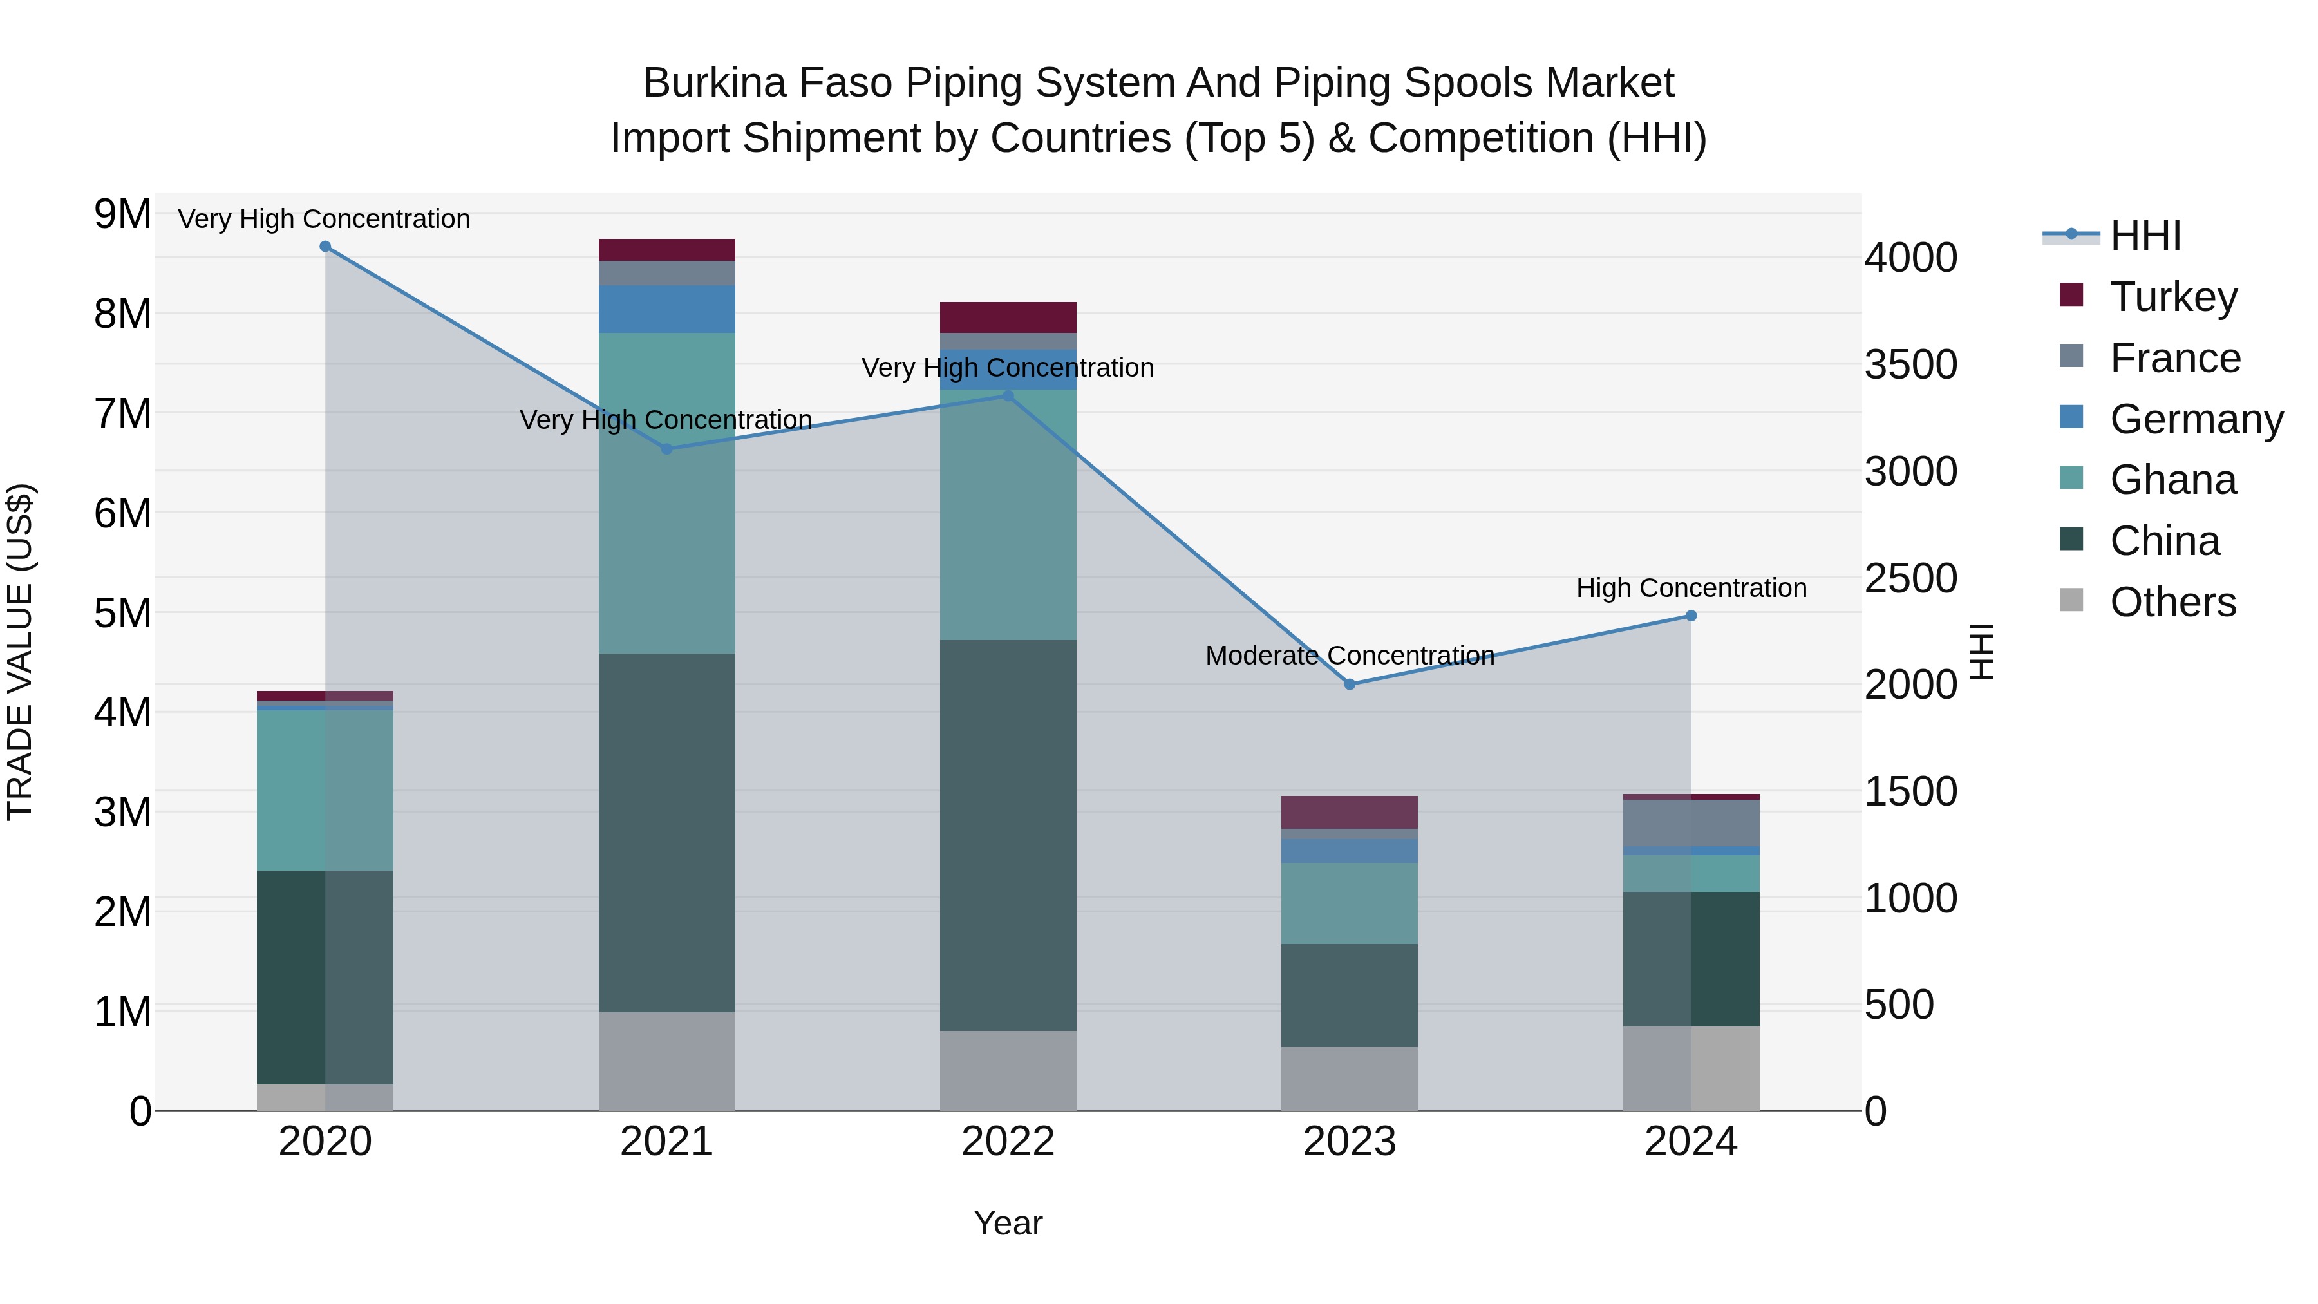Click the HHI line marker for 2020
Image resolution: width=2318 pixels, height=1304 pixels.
(325, 247)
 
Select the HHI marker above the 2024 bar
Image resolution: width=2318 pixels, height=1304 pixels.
(1691, 616)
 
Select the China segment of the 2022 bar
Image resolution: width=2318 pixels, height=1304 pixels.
(1008, 835)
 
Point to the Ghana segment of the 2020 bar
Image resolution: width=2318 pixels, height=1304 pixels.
(325, 790)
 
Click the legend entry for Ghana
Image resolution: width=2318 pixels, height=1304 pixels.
(2172, 480)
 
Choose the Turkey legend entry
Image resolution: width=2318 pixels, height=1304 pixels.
(2173, 297)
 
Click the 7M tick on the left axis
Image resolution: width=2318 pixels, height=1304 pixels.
(123, 415)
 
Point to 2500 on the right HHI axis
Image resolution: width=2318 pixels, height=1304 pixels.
(1910, 579)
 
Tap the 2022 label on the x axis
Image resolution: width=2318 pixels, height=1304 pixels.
(1008, 1142)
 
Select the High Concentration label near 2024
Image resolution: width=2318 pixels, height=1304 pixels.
(1691, 589)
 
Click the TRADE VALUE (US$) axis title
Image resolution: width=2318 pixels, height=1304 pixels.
(20, 652)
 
